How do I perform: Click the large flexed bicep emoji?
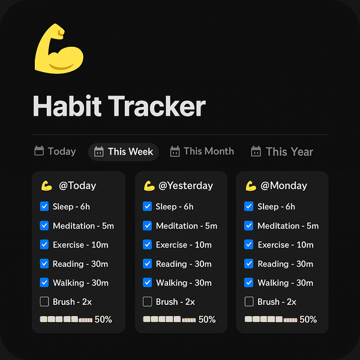59,49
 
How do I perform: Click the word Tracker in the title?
157,106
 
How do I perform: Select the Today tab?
55,151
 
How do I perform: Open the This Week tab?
124,152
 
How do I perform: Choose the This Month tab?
202,151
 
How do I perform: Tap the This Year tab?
282,152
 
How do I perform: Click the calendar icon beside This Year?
256,151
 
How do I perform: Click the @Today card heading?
77,185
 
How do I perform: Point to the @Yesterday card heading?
186,185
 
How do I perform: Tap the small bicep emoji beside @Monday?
251,186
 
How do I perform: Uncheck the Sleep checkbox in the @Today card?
44,206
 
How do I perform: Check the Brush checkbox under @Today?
44,301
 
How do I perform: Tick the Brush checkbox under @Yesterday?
148,301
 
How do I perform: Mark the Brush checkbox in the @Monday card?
249,301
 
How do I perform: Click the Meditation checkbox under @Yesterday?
148,226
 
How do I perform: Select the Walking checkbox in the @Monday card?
249,283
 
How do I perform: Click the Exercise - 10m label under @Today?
80,245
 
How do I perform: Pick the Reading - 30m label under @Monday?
286,264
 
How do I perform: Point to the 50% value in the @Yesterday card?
207,319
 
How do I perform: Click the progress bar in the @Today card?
66,319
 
